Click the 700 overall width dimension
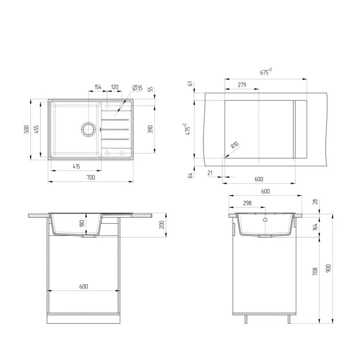pyautogui.click(x=91, y=177)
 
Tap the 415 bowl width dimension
pyautogui.click(x=76, y=166)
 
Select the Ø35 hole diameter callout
pyautogui.click(x=137, y=87)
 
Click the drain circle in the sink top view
pyautogui.click(x=88, y=130)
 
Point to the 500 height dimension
pyautogui.click(x=26, y=129)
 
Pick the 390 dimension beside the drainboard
pyautogui.click(x=150, y=129)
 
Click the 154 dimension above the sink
pyautogui.click(x=98, y=87)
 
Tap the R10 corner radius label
pyautogui.click(x=235, y=145)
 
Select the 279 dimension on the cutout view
pyautogui.click(x=242, y=84)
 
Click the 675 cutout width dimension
pyautogui.click(x=266, y=72)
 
